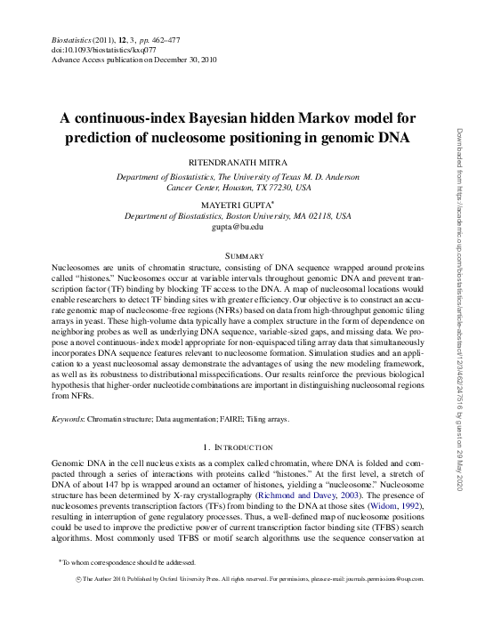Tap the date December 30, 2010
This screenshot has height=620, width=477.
click(179, 62)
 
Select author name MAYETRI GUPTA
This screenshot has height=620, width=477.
click(237, 204)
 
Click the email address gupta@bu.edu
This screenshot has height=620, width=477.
click(238, 227)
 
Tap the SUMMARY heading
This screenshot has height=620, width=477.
click(238, 255)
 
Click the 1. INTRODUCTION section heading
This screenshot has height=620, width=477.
click(238, 447)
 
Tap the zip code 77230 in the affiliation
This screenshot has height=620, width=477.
click(279, 188)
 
